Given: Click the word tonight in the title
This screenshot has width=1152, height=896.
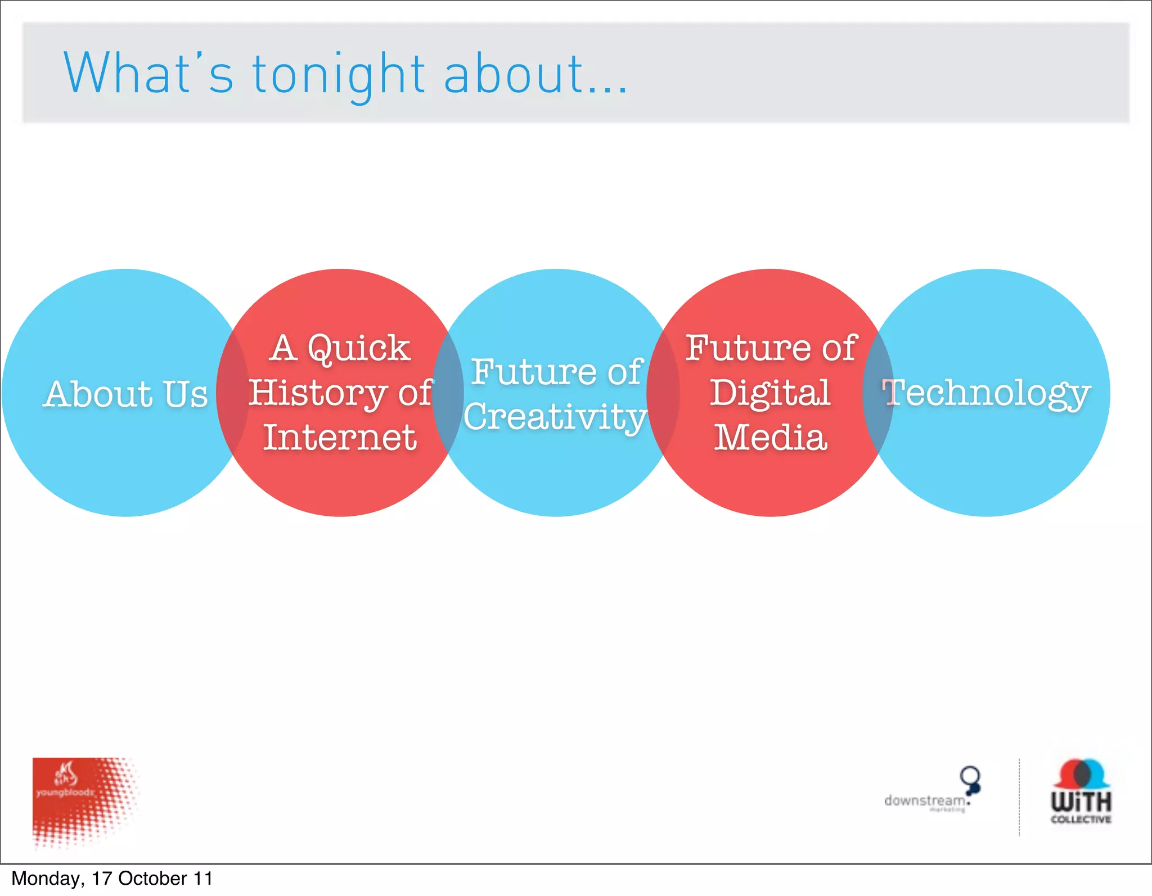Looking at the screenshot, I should pyautogui.click(x=338, y=75).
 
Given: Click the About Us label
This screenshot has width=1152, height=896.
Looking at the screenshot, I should pyautogui.click(x=126, y=394).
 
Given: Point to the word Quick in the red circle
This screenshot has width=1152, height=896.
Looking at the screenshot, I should pyautogui.click(x=359, y=348).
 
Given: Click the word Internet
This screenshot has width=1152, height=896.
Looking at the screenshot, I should pyautogui.click(x=340, y=438).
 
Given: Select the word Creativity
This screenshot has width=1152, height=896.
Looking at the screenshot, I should pyautogui.click(x=555, y=417).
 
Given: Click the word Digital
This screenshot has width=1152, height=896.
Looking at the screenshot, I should pyautogui.click(x=770, y=393).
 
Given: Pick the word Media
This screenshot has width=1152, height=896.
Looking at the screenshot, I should pyautogui.click(x=770, y=438).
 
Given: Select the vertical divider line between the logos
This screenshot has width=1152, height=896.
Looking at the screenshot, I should pyautogui.click(x=1019, y=798).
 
